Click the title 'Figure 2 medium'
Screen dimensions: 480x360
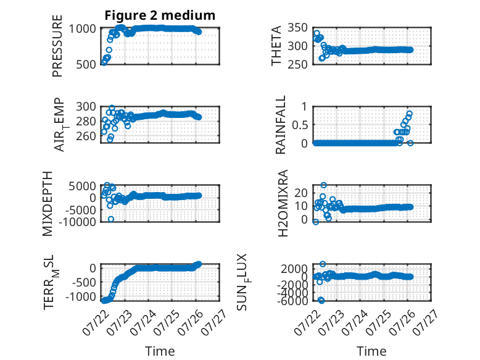160,15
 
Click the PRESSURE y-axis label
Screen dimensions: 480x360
57,46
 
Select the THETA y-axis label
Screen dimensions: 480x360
276,46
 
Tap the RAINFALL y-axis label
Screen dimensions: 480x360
280,125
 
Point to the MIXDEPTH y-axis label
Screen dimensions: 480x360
48,204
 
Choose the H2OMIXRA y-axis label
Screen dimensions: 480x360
283,203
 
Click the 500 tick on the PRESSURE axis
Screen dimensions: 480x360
86,64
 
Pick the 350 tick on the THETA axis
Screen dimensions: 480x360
297,28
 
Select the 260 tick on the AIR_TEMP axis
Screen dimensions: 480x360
86,136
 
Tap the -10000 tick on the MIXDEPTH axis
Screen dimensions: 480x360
77,222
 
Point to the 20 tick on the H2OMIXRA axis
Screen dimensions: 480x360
301,193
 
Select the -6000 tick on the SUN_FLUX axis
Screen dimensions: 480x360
294,301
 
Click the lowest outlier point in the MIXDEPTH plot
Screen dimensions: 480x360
111,219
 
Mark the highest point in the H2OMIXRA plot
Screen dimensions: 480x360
323,185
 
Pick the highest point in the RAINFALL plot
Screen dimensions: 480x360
409,114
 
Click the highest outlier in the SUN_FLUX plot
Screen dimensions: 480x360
323,264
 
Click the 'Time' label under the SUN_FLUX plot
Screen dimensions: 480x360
371,351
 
